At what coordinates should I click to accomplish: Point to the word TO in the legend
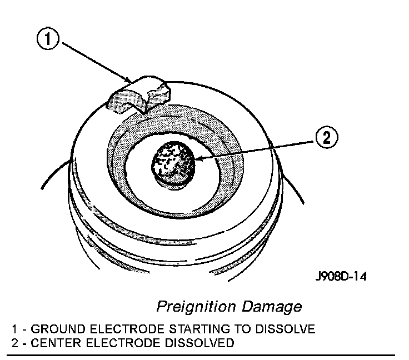[220, 329]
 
